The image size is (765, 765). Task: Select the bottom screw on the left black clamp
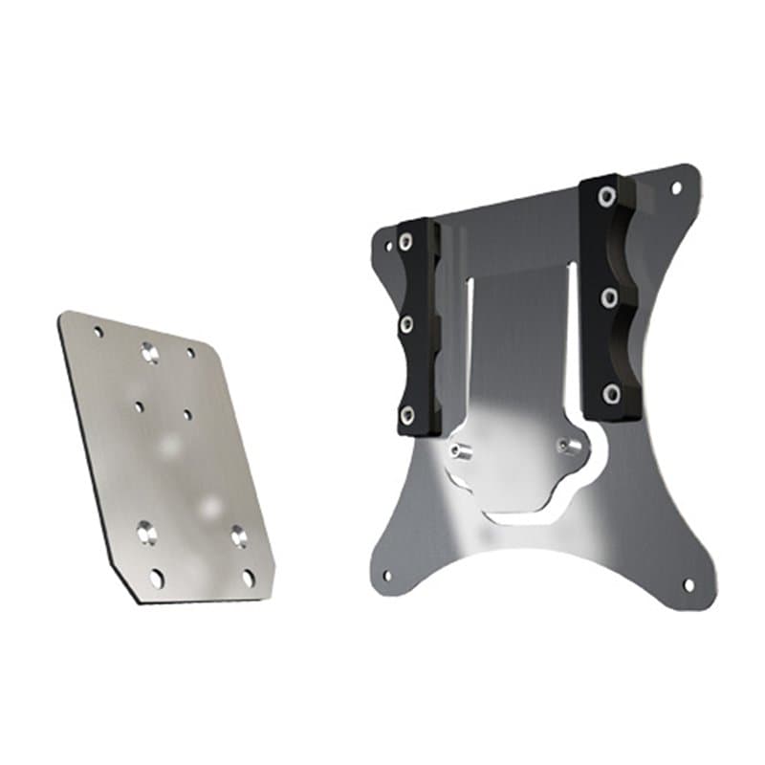[x=407, y=413]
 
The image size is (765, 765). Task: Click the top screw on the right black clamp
[x=606, y=198]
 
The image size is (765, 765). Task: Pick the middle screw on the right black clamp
[x=608, y=297]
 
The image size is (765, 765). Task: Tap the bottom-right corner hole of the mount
[x=687, y=583]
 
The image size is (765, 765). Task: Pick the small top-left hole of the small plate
[x=98, y=332]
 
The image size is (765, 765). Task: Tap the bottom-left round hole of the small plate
[x=156, y=578]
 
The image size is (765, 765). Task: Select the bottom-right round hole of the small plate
[x=248, y=578]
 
